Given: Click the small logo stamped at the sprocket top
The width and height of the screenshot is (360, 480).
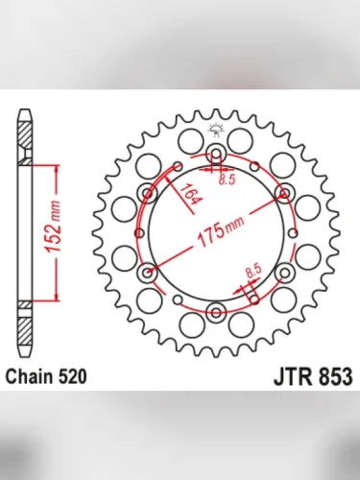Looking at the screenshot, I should pyautogui.click(x=216, y=132).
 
